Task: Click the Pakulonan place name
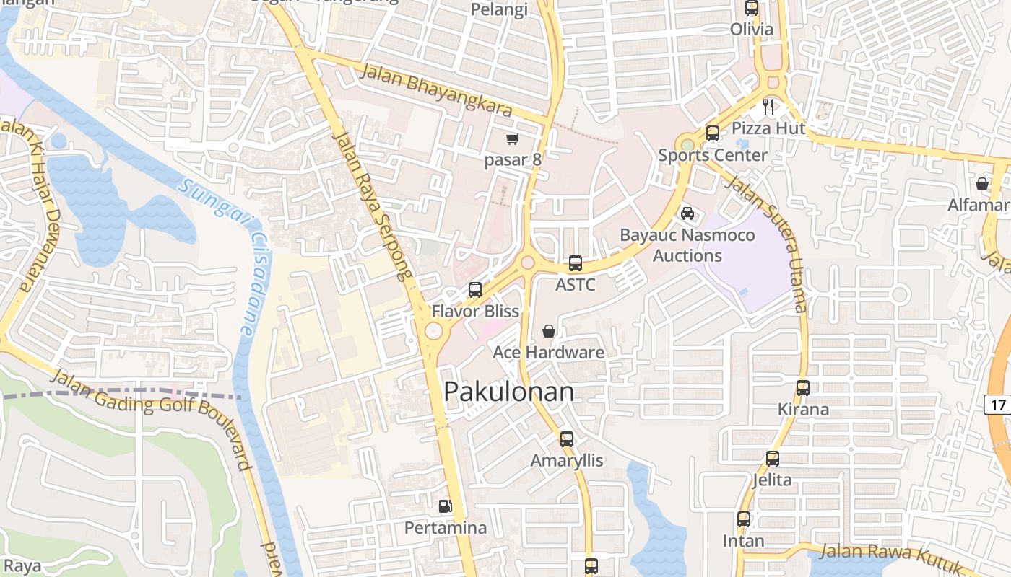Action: [x=509, y=392]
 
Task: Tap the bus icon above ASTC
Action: [x=576, y=263]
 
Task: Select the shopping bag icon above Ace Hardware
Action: [x=549, y=331]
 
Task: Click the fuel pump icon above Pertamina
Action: [x=446, y=506]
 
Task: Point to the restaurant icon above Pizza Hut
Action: [x=768, y=107]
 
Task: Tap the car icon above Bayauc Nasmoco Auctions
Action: [x=687, y=213]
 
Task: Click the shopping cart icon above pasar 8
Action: [x=513, y=138]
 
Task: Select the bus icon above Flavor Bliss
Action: [x=475, y=290]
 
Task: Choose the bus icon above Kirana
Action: [x=803, y=388]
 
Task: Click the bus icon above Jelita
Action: [x=773, y=459]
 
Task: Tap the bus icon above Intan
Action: [x=744, y=519]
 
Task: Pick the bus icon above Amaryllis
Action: [x=567, y=439]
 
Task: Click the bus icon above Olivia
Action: [x=752, y=9]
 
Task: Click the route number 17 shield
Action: [x=997, y=405]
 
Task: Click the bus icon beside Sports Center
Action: [x=713, y=133]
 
